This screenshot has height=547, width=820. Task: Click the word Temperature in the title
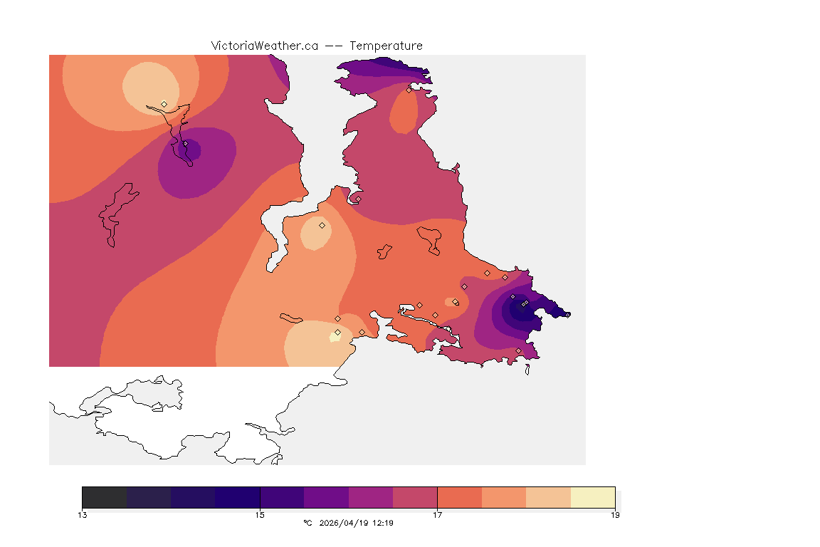386,46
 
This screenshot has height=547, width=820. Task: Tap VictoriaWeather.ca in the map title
264,46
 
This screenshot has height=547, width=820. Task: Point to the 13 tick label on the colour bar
83,515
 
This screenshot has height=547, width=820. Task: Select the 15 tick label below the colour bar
260,515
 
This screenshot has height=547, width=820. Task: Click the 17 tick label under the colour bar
437,515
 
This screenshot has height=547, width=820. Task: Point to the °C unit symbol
307,523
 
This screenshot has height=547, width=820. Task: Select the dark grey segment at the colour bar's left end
105,497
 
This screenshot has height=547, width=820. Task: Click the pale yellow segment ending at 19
593,497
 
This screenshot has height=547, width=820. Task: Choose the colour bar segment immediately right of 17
460,497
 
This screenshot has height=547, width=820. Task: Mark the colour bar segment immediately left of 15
238,497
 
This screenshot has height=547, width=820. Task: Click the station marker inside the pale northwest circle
164,104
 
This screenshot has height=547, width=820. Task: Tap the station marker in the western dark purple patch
185,143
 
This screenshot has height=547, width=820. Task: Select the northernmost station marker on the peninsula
409,90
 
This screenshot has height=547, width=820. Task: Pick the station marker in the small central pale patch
322,225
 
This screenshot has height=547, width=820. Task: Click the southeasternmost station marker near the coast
518,350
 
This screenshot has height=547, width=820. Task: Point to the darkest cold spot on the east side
517,308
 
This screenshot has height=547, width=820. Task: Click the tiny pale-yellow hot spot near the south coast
335,336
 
